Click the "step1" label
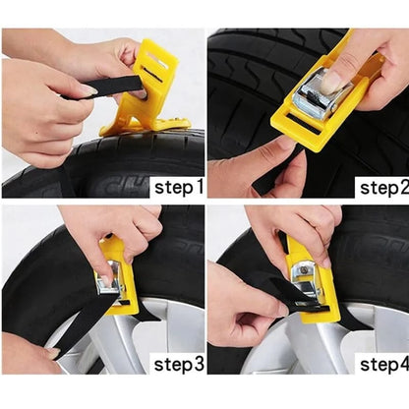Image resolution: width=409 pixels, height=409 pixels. pyautogui.click(x=179, y=188)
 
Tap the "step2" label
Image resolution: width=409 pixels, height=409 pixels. pyautogui.click(x=384, y=188)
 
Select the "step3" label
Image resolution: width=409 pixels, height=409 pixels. pyautogui.click(x=179, y=365)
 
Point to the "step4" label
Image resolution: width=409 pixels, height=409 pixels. pyautogui.click(x=384, y=365)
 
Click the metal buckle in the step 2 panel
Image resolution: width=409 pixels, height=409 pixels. pyautogui.click(x=322, y=94)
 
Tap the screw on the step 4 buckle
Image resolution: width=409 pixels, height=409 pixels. pyautogui.click(x=304, y=270)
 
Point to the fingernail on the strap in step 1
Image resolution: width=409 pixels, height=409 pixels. pyautogui.click(x=87, y=90)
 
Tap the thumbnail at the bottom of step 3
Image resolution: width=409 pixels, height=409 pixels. pyautogui.click(x=53, y=353)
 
